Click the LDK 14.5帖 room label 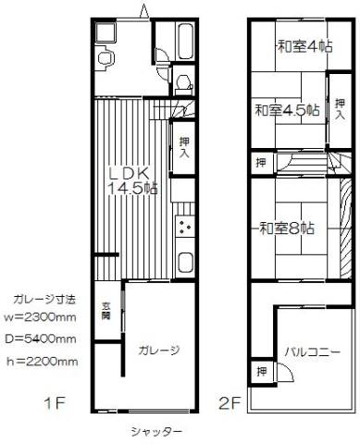(x=131, y=181)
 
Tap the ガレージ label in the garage (x=159, y=351)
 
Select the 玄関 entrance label (x=106, y=311)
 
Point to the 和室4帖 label (x=305, y=46)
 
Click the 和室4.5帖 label (x=287, y=110)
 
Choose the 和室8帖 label (x=287, y=228)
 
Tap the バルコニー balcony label (x=313, y=351)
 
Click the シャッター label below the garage (x=155, y=432)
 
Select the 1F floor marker (x=55, y=403)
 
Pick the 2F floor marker (x=230, y=403)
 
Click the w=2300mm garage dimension (x=40, y=317)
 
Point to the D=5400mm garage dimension (x=41, y=339)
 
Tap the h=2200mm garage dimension (x=43, y=361)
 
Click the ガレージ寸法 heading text (x=43, y=300)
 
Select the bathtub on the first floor (x=186, y=41)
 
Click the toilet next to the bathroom (x=183, y=84)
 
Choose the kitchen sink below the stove (x=185, y=262)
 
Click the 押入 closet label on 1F (x=184, y=147)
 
